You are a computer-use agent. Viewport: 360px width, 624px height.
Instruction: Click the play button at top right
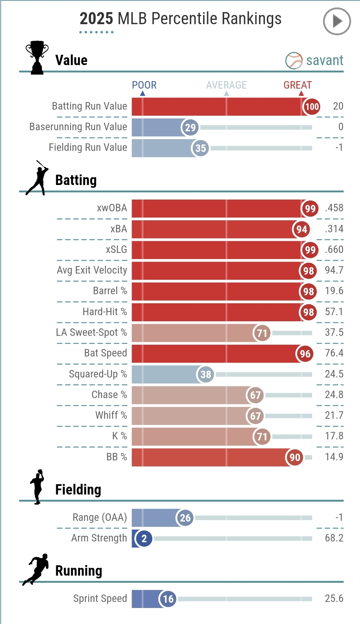pos(337,21)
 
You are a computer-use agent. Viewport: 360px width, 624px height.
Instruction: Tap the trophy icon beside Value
pos(37,58)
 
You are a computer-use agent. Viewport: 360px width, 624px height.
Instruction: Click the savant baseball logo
pos(294,61)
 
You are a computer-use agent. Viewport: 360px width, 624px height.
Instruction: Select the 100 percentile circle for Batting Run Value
pos(312,106)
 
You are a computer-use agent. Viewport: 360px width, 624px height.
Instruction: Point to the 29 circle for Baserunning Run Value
pos(190,127)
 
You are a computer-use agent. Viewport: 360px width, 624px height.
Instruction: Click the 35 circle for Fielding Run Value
pos(200,148)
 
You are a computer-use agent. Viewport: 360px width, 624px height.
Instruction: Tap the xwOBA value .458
pos(334,208)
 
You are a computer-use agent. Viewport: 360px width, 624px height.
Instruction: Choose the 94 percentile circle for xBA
pos(301,229)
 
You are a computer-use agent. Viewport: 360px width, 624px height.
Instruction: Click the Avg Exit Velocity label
pos(92,270)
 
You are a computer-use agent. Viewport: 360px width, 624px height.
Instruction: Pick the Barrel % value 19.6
pos(334,291)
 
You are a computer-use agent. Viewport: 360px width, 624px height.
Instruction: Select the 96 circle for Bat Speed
pos(305,354)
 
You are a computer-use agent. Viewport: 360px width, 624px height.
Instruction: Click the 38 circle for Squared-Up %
pos(206,374)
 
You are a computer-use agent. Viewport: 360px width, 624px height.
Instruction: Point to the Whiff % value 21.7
pos(334,416)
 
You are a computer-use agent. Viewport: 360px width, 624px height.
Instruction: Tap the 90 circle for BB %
pos(295,457)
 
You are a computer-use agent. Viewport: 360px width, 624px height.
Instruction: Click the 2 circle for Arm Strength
pos(144,539)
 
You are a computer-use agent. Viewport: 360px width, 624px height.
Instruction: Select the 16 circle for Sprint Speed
pos(168,599)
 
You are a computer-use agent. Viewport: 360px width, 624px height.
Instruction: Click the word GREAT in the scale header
pos(297,85)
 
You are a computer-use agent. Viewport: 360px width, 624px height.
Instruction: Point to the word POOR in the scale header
pos(144,85)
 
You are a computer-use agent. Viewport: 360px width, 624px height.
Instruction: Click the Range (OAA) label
pos(100,518)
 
